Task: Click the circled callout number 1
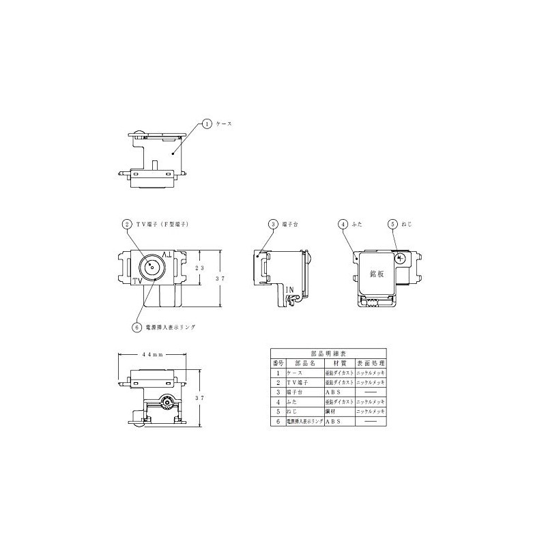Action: click(207, 124)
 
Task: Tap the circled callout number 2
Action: click(126, 223)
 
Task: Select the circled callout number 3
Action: click(272, 223)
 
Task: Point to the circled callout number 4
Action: click(344, 223)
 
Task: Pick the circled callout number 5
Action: click(392, 223)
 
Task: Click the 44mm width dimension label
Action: click(152, 355)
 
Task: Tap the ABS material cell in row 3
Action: click(334, 392)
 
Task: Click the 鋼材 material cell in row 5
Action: click(332, 412)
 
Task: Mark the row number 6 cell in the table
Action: click(277, 422)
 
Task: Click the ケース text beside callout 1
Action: click(225, 124)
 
